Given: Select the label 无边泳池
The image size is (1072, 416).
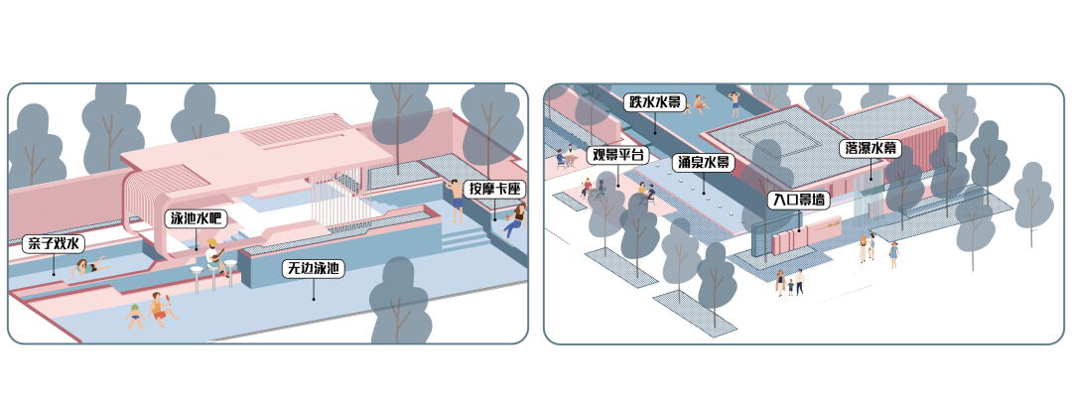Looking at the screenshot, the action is click(313, 268).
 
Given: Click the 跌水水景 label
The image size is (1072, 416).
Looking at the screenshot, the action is click(653, 102).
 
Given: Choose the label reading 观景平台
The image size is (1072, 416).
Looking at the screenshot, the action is click(618, 155).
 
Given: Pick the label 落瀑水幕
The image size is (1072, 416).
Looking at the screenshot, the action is click(870, 149).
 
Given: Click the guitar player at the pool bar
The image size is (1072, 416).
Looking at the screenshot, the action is click(214, 254).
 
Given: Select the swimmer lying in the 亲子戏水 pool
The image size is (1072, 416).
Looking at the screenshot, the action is click(89, 267).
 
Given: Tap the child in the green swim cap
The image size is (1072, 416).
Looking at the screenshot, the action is click(134, 315).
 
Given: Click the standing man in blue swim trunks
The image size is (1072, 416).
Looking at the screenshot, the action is click(458, 199).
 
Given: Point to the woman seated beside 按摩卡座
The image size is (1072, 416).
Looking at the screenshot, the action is click(514, 218).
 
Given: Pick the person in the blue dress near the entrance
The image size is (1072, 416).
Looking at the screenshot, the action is click(892, 254).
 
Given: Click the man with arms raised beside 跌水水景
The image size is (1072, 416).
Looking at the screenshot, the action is click(735, 100).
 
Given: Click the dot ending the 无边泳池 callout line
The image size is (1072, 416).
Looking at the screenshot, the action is click(313, 297).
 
